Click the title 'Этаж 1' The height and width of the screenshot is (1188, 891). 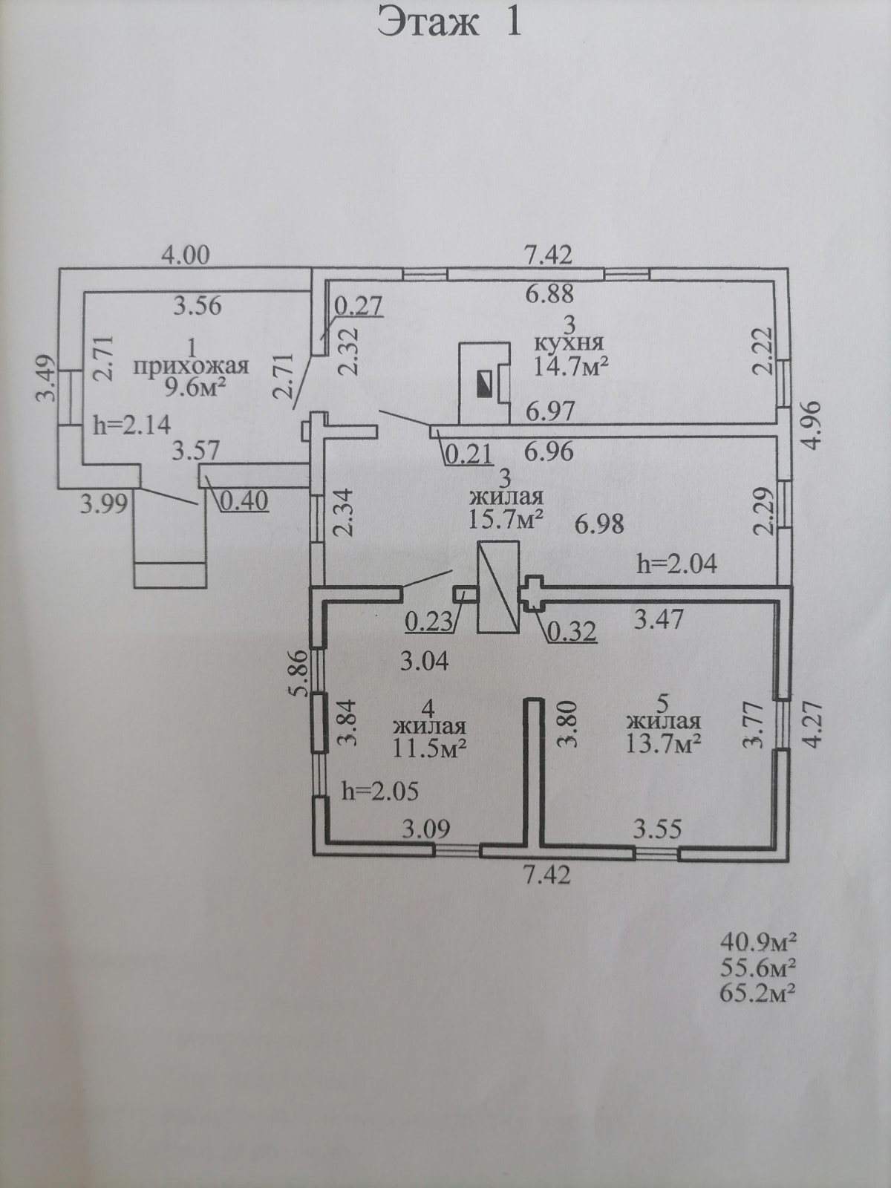pos(450,22)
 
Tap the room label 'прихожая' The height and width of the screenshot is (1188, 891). pos(191,366)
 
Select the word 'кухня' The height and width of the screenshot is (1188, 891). pos(569,342)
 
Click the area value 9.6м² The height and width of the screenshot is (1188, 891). pos(191,387)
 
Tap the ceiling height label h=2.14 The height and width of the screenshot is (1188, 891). pos(132,425)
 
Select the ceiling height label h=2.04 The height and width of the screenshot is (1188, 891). pos(677,564)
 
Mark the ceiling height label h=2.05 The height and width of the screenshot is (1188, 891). pos(379,792)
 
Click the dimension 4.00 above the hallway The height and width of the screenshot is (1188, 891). pos(186,255)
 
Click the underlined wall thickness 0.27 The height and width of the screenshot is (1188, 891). pos(358,305)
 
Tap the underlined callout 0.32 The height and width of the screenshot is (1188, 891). pos(572,632)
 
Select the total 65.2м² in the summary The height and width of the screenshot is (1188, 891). pos(758,992)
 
